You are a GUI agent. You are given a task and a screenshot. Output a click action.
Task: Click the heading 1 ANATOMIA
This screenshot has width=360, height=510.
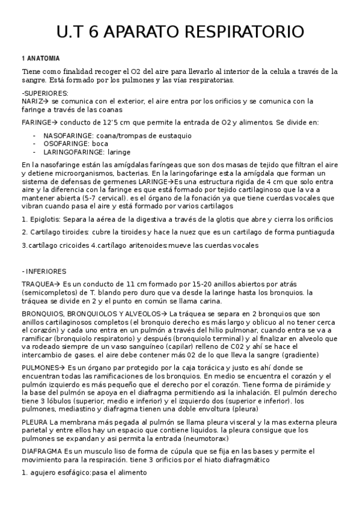click(40, 58)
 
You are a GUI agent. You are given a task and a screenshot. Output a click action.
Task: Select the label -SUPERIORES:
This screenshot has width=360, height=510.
click(45, 93)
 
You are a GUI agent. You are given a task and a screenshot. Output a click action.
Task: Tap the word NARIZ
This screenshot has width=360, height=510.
click(32, 102)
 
